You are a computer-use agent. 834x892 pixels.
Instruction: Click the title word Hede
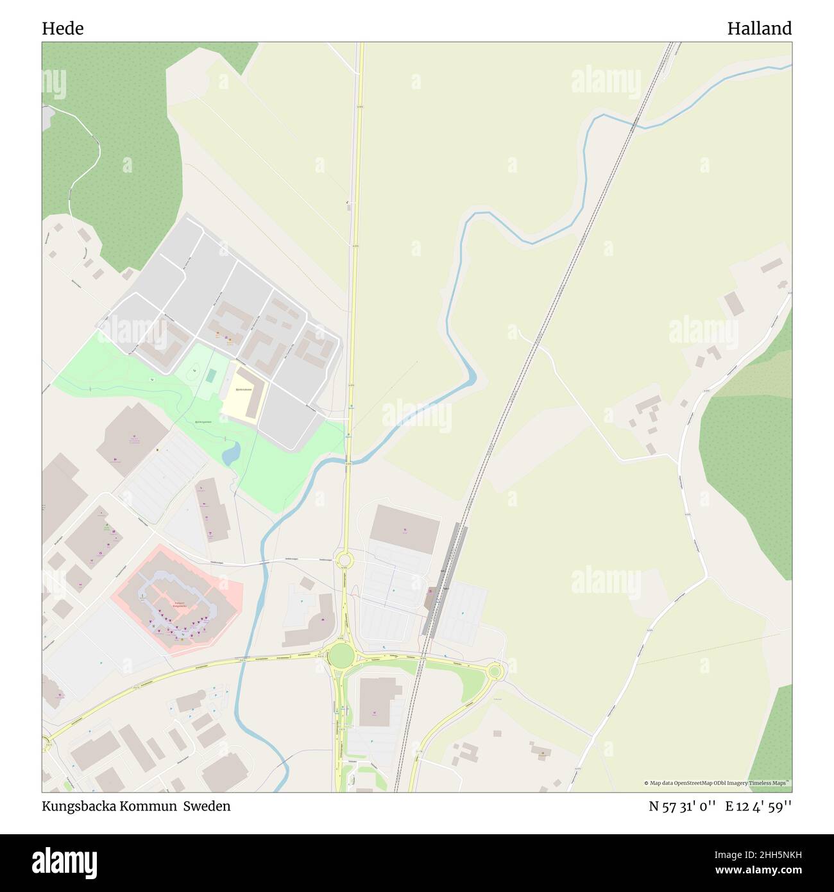click(62, 28)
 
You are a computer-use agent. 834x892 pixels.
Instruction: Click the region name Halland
click(759, 28)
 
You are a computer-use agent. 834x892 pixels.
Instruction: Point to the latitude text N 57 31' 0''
click(683, 806)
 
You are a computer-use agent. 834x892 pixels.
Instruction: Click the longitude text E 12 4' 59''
click(758, 806)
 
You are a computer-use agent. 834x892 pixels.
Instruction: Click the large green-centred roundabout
click(341, 655)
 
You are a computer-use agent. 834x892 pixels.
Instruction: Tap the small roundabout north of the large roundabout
click(345, 560)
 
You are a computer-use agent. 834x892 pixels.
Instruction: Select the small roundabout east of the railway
click(494, 672)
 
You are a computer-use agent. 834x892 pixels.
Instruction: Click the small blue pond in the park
click(230, 454)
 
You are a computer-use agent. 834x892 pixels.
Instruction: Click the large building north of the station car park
click(405, 529)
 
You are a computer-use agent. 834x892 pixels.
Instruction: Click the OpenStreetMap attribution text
click(717, 783)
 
